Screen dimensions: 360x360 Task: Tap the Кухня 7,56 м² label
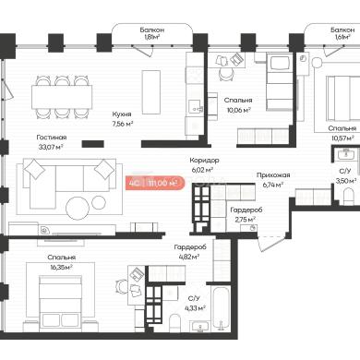coord(122,119)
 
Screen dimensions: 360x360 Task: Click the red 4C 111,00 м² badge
coord(155,183)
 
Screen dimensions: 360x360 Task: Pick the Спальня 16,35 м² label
coord(62,262)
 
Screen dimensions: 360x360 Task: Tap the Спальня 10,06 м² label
coord(238,105)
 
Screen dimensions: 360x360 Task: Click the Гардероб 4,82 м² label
coord(190,252)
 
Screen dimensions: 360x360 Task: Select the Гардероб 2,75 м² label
coord(246,215)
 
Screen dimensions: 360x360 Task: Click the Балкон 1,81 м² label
coord(152,33)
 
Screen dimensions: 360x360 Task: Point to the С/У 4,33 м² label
coord(196,303)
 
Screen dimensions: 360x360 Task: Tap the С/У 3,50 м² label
coord(346,176)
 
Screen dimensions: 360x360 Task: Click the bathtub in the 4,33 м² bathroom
coord(221,308)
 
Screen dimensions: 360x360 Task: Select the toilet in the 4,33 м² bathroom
coord(175,323)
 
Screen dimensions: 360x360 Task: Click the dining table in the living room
coord(62,97)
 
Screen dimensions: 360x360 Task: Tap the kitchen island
coord(150,92)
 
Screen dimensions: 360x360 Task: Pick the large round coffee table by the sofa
coord(78,208)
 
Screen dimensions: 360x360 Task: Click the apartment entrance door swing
coord(269,243)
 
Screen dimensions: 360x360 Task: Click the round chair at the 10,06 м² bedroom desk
coord(226,74)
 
